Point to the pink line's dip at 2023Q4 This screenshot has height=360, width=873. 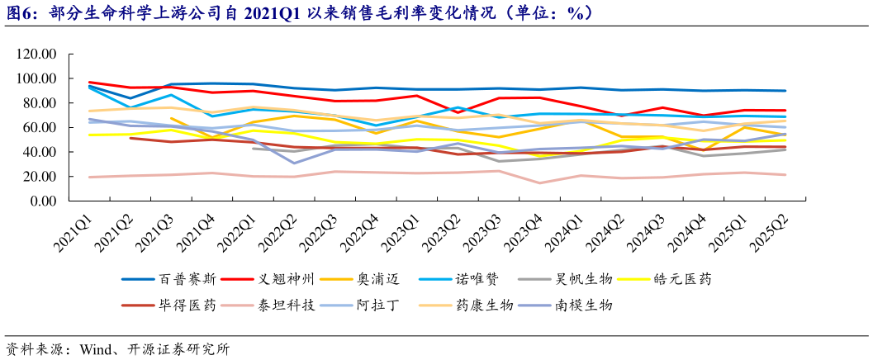point(539,183)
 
